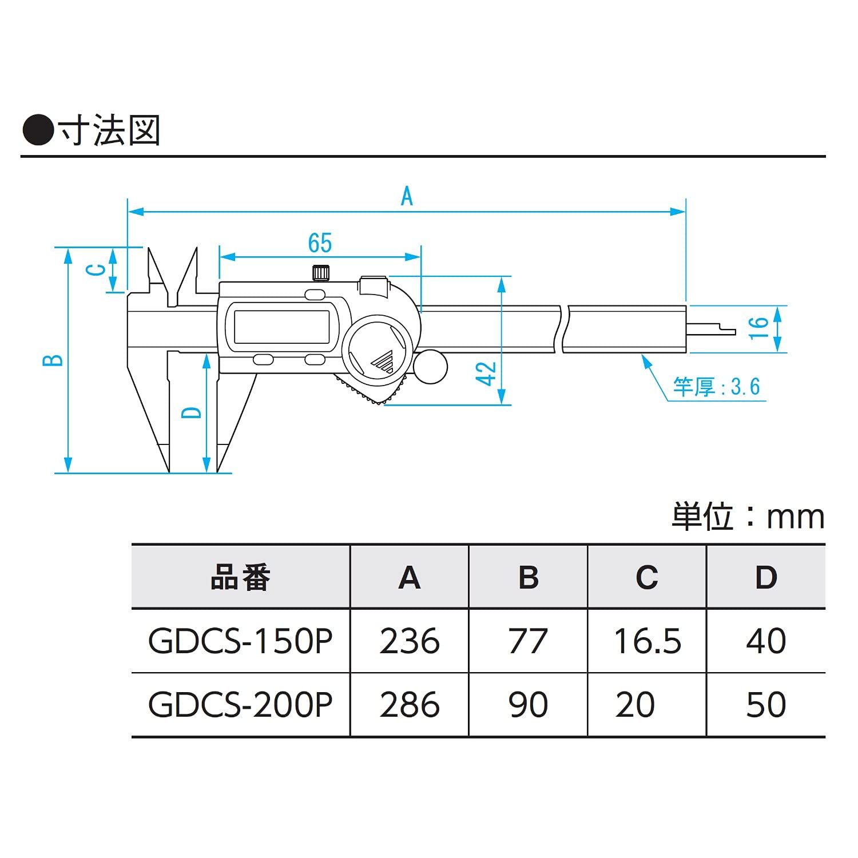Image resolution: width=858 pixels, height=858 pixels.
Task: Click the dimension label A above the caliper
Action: coord(406,196)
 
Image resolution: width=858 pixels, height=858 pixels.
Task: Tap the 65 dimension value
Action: coord(320,243)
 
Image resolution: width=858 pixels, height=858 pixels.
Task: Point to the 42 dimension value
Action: coord(487,374)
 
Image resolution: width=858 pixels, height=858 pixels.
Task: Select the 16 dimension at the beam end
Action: coord(758,328)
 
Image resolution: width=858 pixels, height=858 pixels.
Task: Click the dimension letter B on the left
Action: coord(54,360)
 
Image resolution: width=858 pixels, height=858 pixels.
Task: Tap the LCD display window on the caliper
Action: coord(281,327)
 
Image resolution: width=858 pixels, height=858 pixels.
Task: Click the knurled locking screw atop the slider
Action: coord(321,273)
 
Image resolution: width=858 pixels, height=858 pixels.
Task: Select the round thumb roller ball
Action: coord(430,367)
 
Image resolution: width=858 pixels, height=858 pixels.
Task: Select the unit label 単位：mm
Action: coord(748,517)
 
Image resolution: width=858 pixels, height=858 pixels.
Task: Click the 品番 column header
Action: coord(240,577)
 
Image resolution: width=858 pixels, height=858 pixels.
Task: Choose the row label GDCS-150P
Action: coord(240,641)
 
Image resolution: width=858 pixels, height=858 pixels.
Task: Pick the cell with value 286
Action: coord(410,705)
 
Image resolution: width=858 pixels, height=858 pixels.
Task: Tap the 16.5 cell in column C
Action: coord(647,641)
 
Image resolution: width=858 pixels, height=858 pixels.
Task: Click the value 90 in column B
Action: coord(528,705)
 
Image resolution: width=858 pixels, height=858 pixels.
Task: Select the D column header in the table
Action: coord(766,577)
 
